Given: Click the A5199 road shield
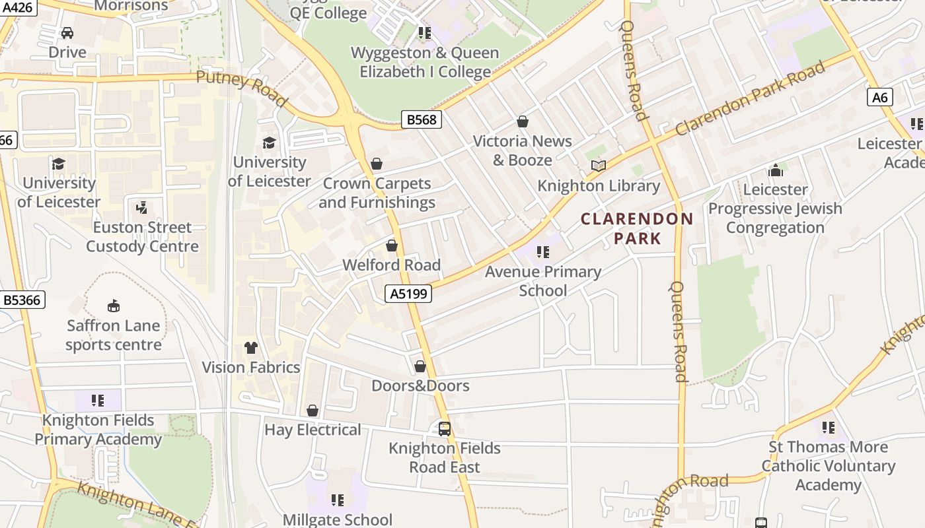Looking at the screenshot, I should [408, 294].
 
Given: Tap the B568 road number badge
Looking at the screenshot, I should [422, 119].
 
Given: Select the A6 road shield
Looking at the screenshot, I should [880, 98].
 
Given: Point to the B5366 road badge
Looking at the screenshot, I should [22, 300].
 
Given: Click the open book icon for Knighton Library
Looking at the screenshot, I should [599, 166].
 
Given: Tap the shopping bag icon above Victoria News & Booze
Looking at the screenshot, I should [523, 121].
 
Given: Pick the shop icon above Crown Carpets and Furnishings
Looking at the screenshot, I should [377, 164].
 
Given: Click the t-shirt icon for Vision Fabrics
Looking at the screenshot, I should [251, 347].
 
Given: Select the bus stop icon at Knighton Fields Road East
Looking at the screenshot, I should [445, 429].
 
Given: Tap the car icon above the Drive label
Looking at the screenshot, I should [67, 32].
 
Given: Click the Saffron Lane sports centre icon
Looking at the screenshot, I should [114, 306].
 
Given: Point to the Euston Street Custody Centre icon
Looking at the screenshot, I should [141, 208].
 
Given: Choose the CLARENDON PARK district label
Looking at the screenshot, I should [637, 228].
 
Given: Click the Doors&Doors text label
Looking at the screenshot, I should [420, 385].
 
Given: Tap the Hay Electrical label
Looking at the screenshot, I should [313, 430].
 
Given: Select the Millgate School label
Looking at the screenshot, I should [338, 519].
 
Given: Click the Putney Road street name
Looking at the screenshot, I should [242, 87].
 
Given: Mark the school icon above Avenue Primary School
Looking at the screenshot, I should [543, 251].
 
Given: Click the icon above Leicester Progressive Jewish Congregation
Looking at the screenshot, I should [776, 170].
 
